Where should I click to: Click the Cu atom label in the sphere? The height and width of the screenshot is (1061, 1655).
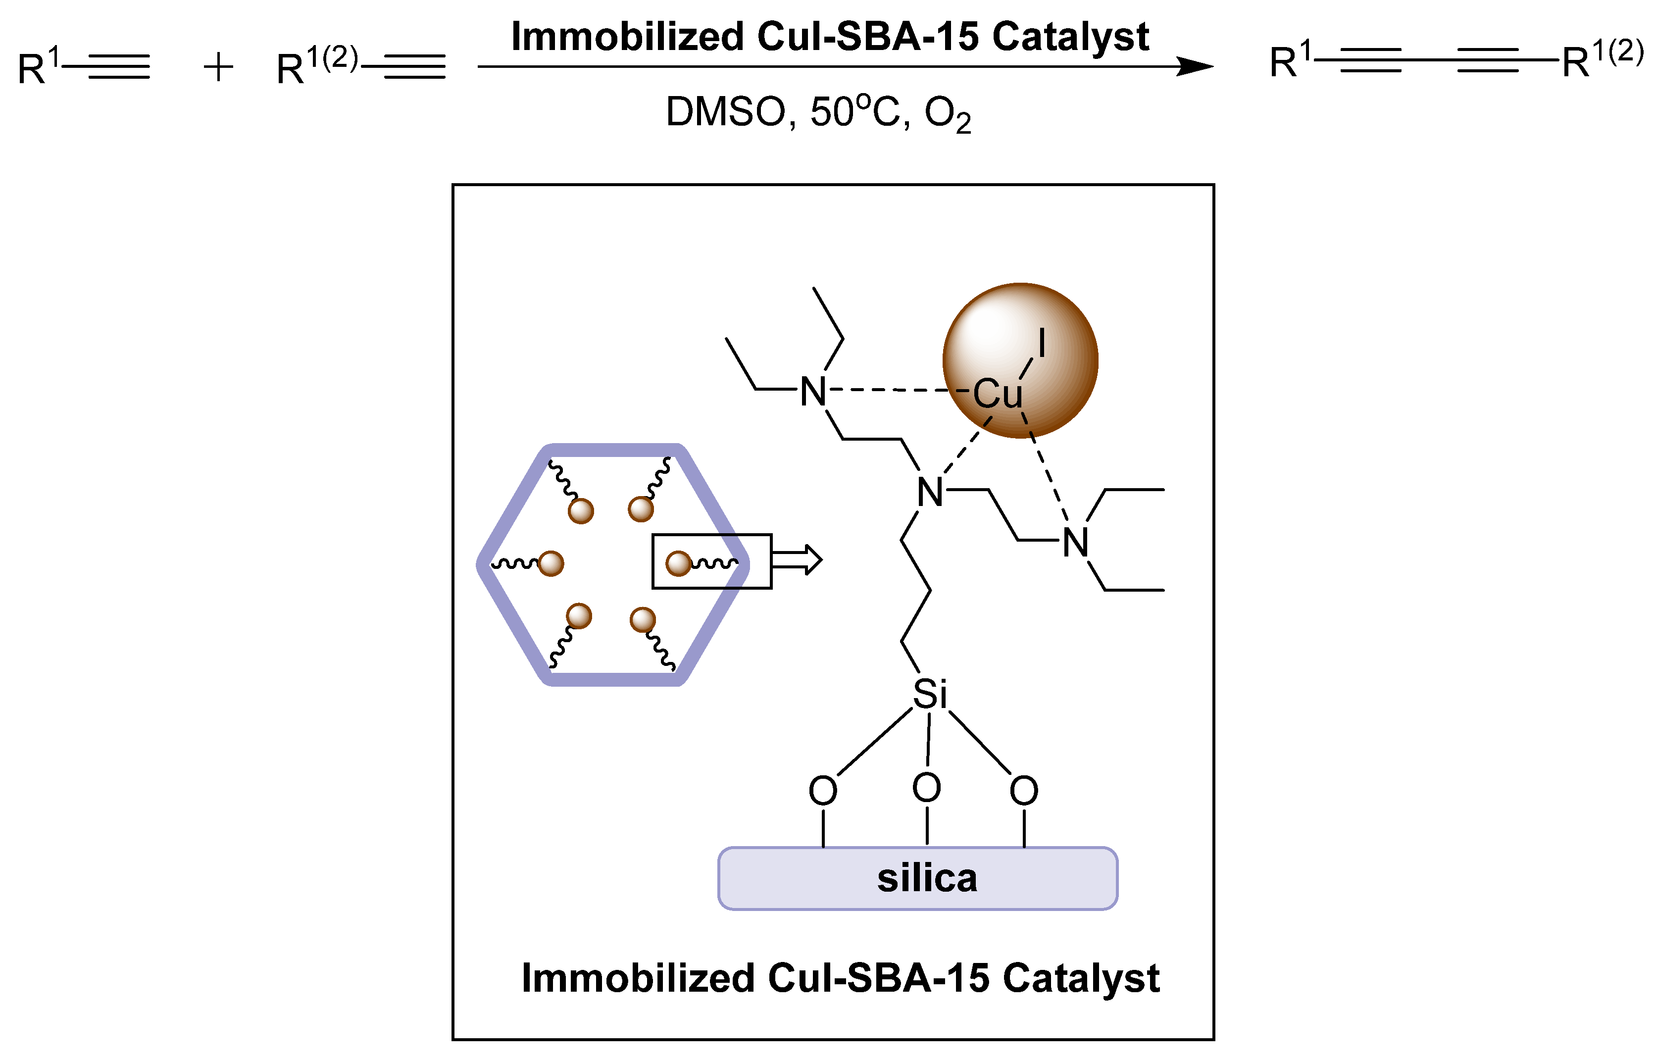coord(997,394)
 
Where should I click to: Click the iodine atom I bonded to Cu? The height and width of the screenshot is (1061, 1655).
coord(1041,343)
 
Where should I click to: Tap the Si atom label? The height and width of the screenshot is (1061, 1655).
coord(929,695)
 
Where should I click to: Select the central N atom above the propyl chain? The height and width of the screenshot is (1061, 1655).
coord(930,493)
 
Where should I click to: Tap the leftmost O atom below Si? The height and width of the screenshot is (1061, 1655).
coord(822,790)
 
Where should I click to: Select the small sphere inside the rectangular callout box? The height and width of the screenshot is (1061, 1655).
coord(678,563)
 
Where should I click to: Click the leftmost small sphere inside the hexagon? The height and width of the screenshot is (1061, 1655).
coord(551,563)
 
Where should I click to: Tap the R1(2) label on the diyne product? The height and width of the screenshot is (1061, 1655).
coord(1601,60)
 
